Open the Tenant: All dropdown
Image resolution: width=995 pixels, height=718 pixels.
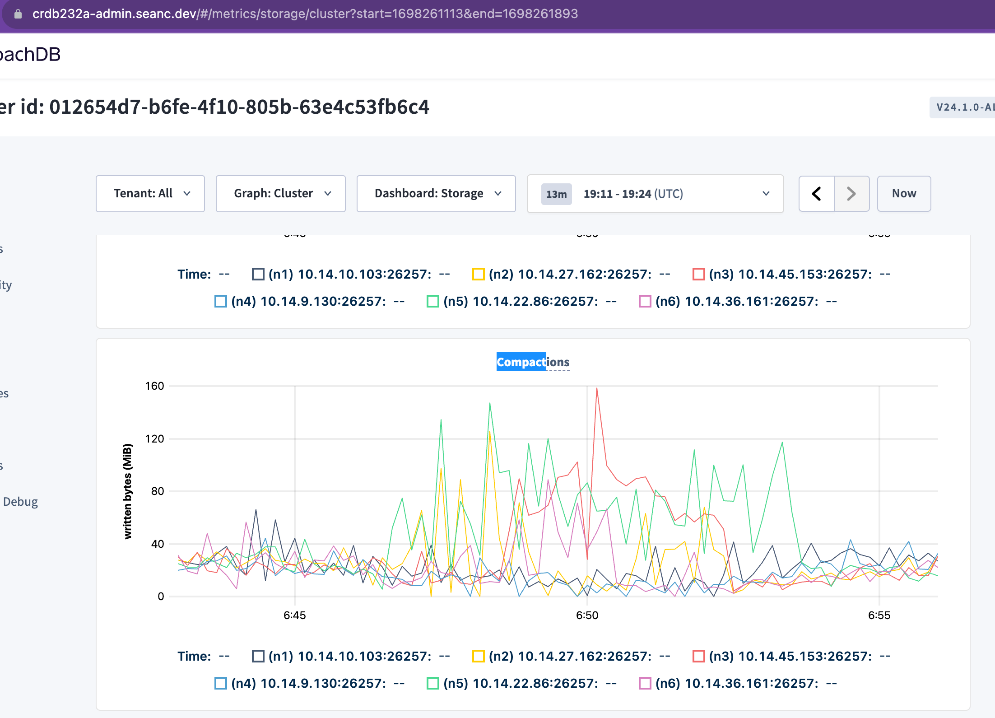pyautogui.click(x=150, y=194)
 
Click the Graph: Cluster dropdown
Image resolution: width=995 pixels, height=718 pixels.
pyautogui.click(x=280, y=194)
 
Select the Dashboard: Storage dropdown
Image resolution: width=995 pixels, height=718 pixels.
pyautogui.click(x=436, y=194)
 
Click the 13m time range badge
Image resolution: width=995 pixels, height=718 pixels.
pyautogui.click(x=556, y=194)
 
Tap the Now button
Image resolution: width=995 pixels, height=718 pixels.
pyautogui.click(x=903, y=194)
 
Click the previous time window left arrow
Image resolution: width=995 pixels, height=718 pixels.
pyautogui.click(x=816, y=194)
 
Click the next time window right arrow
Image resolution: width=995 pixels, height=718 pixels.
pyautogui.click(x=851, y=194)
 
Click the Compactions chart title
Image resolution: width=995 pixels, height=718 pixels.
pyautogui.click(x=533, y=362)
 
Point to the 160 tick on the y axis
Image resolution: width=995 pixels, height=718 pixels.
pyautogui.click(x=154, y=386)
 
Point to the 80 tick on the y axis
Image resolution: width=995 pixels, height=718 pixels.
pyautogui.click(x=157, y=491)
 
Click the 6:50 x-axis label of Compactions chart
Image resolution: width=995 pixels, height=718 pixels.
pyautogui.click(x=587, y=615)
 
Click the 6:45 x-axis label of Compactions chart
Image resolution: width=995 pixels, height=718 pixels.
pyautogui.click(x=295, y=615)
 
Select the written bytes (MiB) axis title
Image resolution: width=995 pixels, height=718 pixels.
pyautogui.click(x=128, y=491)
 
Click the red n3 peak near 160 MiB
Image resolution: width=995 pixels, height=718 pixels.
pyautogui.click(x=597, y=389)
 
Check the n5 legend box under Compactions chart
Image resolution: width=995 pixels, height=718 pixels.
pyautogui.click(x=433, y=683)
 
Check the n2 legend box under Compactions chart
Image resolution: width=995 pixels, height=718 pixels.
pyautogui.click(x=478, y=656)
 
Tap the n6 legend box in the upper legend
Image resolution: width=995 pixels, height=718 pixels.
pyautogui.click(x=645, y=301)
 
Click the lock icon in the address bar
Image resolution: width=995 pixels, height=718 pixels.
pyautogui.click(x=18, y=14)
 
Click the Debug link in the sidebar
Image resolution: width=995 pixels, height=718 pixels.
pyautogui.click(x=20, y=502)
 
